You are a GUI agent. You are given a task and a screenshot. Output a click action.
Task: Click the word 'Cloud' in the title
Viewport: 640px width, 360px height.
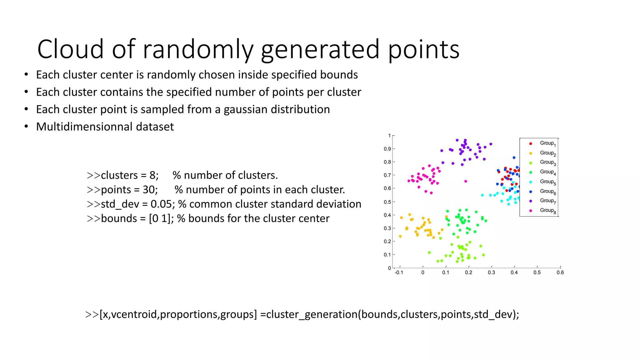[70, 49]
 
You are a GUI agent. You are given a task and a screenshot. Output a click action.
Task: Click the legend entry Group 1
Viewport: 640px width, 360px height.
[547, 143]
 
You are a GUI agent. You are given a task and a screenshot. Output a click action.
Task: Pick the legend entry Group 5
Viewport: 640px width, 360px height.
[547, 182]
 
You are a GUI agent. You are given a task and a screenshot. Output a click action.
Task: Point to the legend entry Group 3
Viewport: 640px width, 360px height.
[547, 162]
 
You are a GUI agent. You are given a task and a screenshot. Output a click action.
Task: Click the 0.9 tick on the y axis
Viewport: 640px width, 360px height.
[387, 149]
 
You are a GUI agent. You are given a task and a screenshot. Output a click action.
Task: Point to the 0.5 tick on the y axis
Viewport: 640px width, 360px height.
[387, 202]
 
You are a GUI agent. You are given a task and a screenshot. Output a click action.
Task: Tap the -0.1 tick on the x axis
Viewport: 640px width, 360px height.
[399, 272]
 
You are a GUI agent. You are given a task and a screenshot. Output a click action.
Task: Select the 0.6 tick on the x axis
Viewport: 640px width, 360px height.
[560, 272]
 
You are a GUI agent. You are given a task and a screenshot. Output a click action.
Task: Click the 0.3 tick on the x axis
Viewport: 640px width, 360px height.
[491, 272]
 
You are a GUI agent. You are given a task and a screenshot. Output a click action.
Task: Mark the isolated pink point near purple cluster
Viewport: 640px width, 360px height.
[466, 181]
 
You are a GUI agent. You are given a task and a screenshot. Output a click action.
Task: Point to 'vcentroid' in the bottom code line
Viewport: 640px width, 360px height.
[135, 314]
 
